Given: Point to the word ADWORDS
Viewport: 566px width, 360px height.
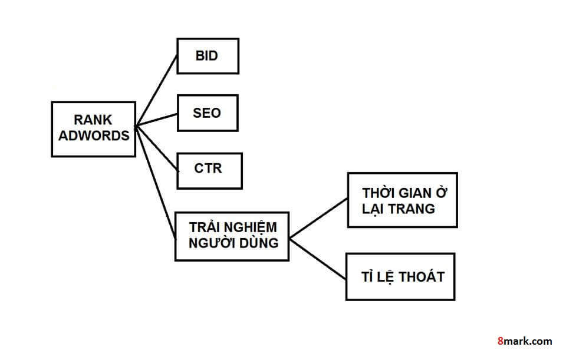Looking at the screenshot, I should coord(93,136).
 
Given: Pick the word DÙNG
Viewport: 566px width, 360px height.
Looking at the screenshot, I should coord(258,242).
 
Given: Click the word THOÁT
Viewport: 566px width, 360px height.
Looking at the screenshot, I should coord(421,276).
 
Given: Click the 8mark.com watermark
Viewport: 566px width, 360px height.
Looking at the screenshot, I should coord(525,341).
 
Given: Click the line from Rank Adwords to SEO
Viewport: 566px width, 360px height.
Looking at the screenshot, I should coord(156,119).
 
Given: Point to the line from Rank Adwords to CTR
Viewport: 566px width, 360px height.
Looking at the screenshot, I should coord(156,148).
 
